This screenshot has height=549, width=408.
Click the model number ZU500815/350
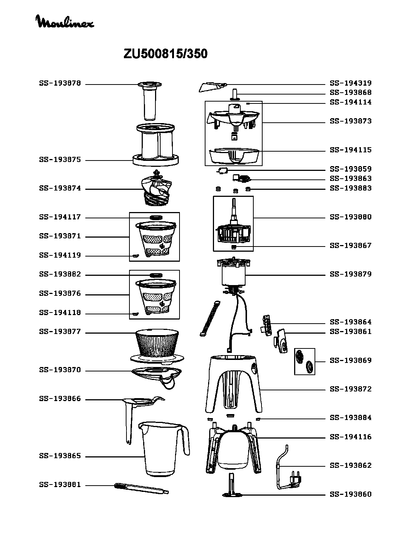click(165, 54)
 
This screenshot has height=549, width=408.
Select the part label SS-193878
click(60, 83)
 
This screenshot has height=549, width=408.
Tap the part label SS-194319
click(351, 83)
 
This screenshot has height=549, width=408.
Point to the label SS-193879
click(351, 274)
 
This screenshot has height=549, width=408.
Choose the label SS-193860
click(351, 494)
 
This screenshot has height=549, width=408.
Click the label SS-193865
click(60, 456)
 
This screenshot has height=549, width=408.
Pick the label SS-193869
click(351, 360)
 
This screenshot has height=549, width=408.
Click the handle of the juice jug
click(185, 441)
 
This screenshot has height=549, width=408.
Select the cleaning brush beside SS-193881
click(141, 488)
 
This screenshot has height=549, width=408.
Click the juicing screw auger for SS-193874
click(156, 188)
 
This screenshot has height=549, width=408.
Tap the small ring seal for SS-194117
click(156, 218)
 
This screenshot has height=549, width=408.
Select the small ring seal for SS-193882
click(156, 275)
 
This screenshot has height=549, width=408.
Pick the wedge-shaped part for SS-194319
click(213, 87)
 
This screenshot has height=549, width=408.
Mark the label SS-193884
click(351, 418)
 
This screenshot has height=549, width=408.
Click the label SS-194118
click(60, 312)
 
